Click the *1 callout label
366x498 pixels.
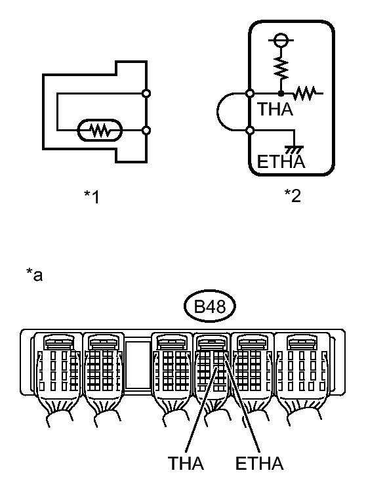(x=92, y=197)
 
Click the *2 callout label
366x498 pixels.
(x=293, y=196)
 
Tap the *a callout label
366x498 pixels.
(x=34, y=275)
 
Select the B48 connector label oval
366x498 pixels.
(x=210, y=306)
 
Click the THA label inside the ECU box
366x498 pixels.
(x=275, y=109)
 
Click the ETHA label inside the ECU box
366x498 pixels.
(x=281, y=161)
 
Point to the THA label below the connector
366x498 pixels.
(x=186, y=463)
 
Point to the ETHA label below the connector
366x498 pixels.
(x=259, y=463)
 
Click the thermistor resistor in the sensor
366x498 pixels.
(x=100, y=130)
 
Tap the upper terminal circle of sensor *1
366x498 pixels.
(x=146, y=94)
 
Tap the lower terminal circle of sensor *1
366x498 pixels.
(x=146, y=130)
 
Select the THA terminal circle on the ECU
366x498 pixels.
(x=250, y=94)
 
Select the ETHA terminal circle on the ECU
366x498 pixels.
(x=250, y=130)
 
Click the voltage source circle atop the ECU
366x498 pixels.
(x=281, y=40)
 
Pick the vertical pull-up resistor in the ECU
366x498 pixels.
(x=281, y=68)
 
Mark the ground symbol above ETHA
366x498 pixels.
(x=295, y=149)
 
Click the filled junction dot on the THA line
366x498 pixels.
(x=281, y=94)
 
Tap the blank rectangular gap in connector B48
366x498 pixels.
(x=138, y=365)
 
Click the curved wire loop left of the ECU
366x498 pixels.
(x=218, y=112)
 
